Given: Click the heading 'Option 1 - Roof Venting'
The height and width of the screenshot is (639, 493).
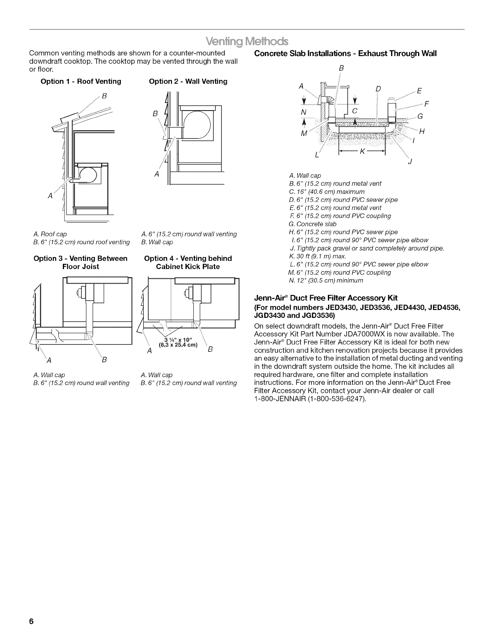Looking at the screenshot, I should (81, 81).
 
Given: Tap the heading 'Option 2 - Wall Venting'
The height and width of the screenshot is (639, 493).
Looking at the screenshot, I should (188, 81).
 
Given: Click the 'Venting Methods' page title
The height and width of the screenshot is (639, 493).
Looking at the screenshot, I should (246, 42).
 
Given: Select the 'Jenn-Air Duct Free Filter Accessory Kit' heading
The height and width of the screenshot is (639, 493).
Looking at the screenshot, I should (326, 298).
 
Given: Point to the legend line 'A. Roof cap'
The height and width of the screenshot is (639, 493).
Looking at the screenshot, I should (50, 234).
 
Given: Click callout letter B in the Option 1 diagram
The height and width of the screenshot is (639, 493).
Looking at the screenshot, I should (104, 96).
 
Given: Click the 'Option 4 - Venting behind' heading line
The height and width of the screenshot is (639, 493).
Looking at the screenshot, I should (188, 259).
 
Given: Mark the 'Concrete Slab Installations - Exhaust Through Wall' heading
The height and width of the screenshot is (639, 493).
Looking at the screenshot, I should (346, 54).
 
